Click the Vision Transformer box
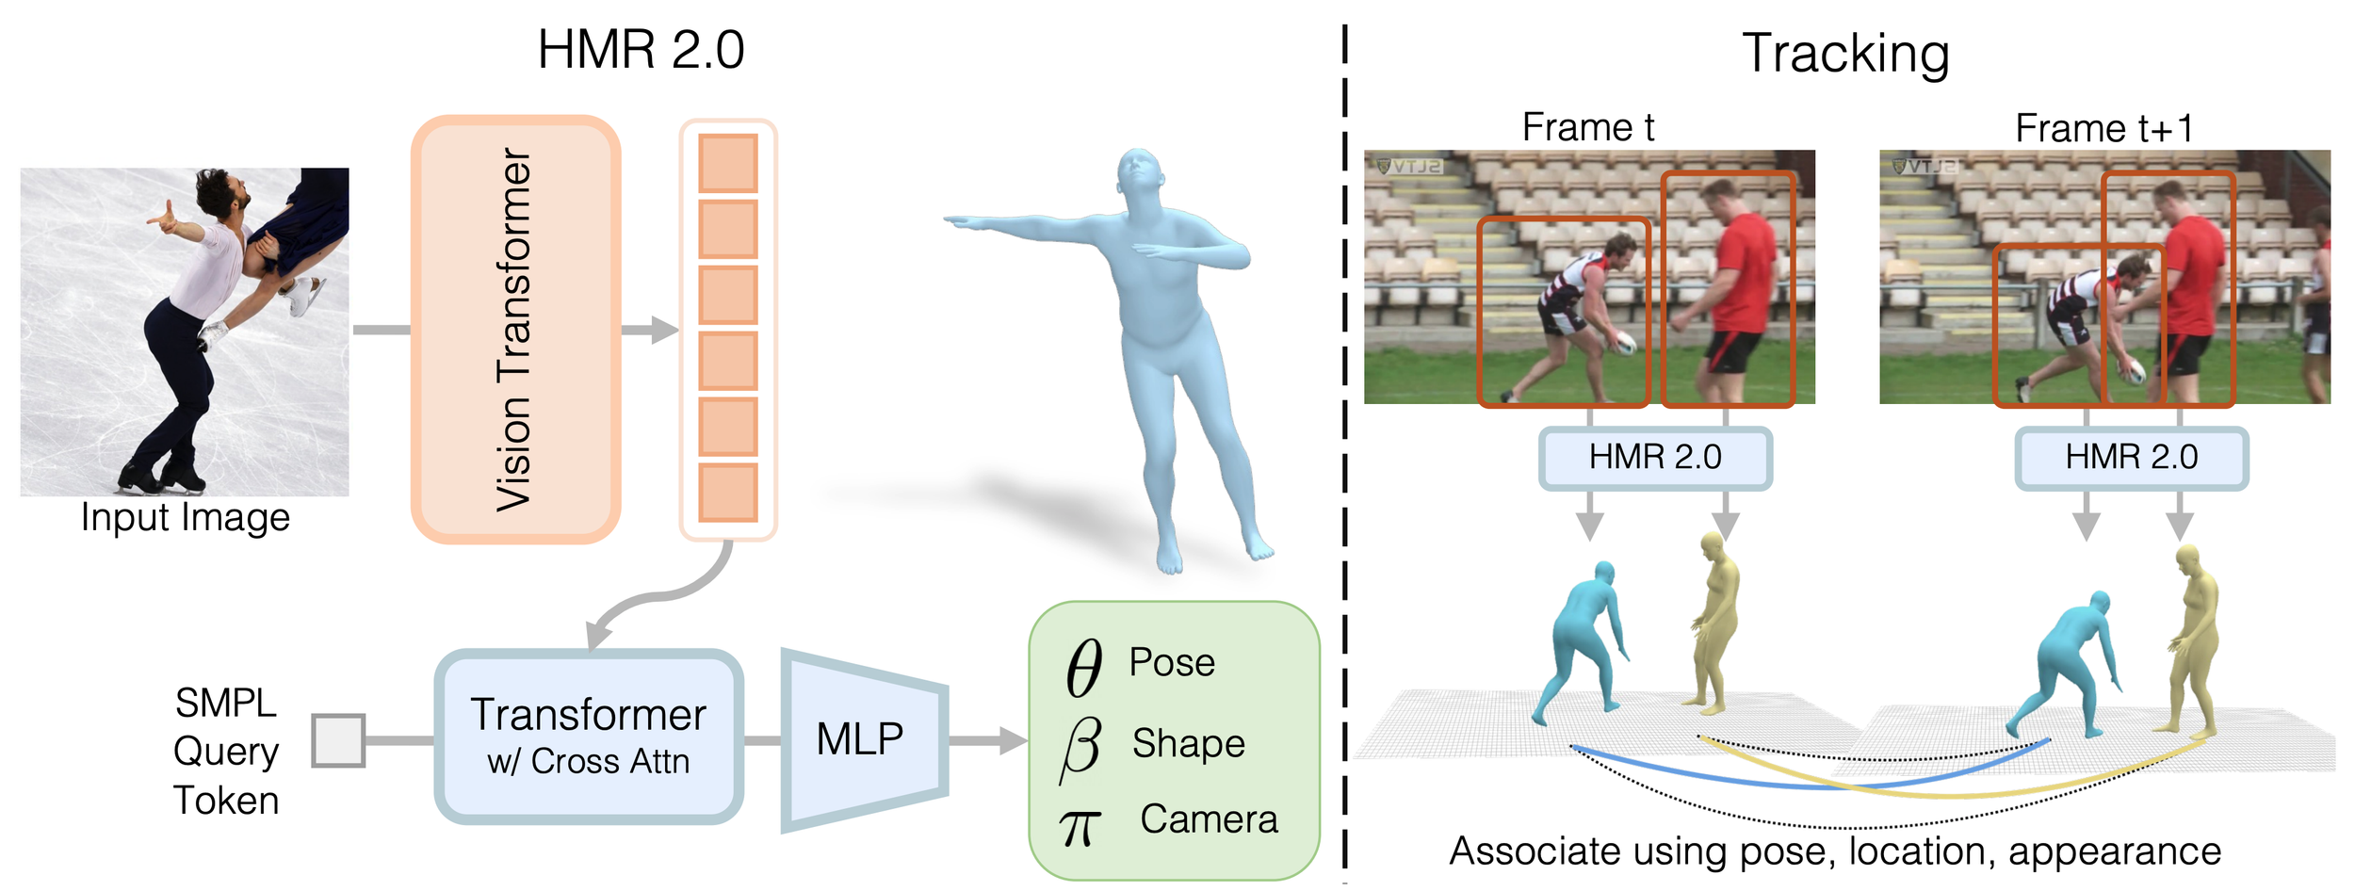[x=515, y=329]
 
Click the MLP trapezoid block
[x=864, y=740]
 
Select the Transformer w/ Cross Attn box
[x=589, y=737]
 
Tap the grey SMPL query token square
[x=338, y=740]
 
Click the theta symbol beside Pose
[x=1083, y=668]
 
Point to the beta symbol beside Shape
[x=1080, y=748]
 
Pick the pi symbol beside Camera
[x=1079, y=827]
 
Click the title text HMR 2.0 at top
[x=641, y=50]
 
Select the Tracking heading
[x=1845, y=55]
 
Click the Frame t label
[x=1588, y=127]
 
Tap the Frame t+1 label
[x=2104, y=128]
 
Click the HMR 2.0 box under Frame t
[x=1655, y=458]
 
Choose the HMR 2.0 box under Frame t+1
[x=2132, y=458]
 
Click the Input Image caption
[x=186, y=518]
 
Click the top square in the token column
[x=727, y=163]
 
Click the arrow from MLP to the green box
[x=988, y=740]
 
